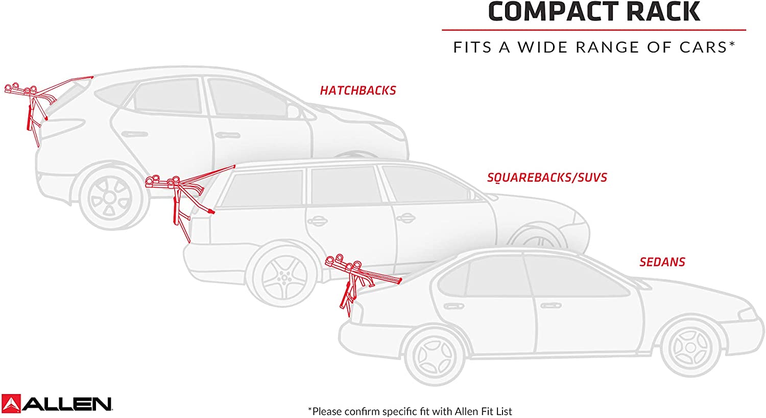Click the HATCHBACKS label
(x=358, y=91)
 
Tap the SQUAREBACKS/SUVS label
(x=547, y=178)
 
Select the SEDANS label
(x=662, y=262)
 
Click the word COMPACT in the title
(x=553, y=12)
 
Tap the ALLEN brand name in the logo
(x=67, y=404)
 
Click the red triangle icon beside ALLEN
(x=11, y=403)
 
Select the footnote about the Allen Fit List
(x=410, y=411)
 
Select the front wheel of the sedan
(x=689, y=347)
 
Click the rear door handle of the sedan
(x=451, y=307)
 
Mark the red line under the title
(x=593, y=30)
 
